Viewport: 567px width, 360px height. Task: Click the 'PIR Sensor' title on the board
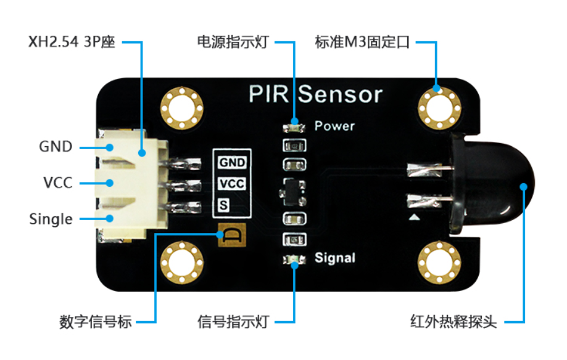point(315,95)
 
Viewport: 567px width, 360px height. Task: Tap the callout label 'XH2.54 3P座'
point(72,43)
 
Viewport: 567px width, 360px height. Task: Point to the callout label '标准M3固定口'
point(362,43)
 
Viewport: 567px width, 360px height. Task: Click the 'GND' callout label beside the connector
point(56,147)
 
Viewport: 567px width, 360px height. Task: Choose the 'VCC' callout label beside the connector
point(57,183)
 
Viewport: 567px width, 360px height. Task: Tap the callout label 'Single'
point(51,219)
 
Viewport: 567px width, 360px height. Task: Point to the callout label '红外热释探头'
point(453,321)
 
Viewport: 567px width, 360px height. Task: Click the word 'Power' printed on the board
point(334,126)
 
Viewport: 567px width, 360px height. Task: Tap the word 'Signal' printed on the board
point(335,257)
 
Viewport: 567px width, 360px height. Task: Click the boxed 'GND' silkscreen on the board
point(232,163)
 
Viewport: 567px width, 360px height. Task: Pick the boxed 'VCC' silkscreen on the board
point(232,184)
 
